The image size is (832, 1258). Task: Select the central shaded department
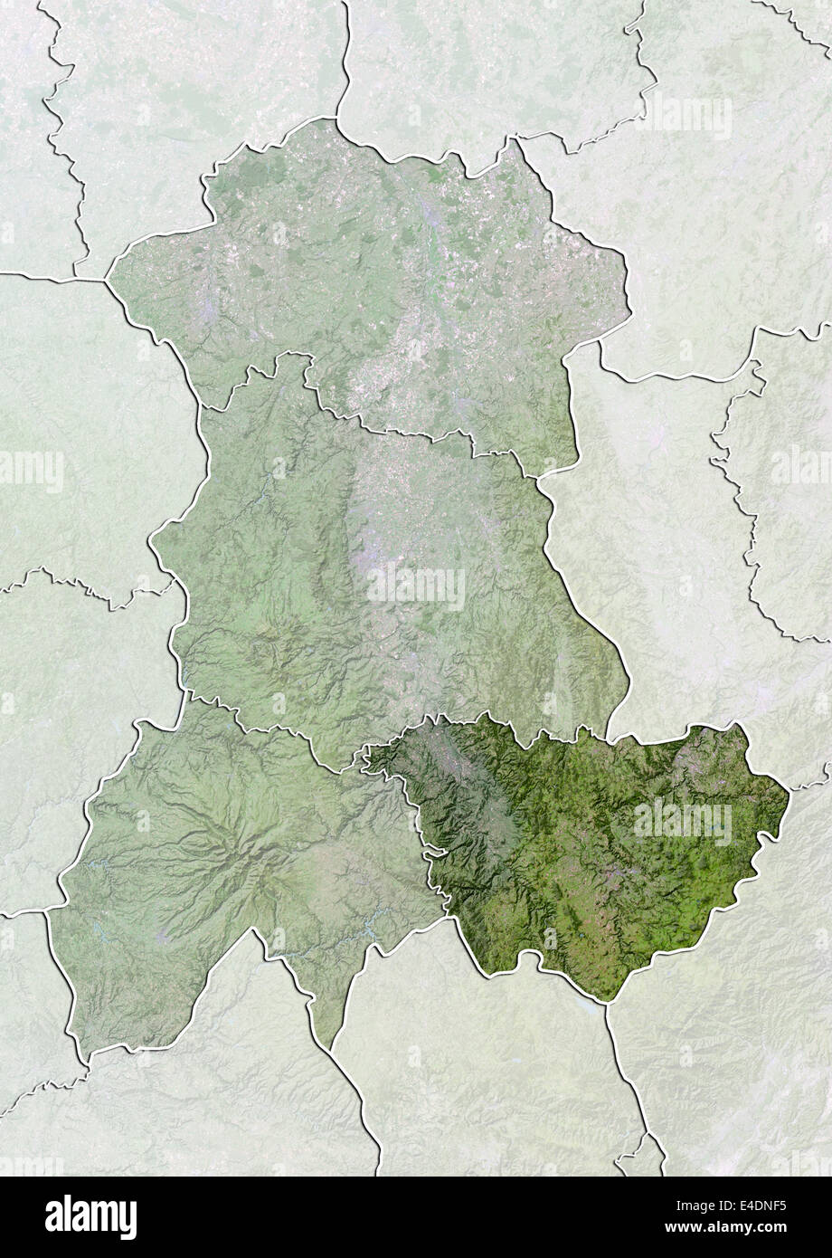380,561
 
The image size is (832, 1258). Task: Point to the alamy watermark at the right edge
800,469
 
